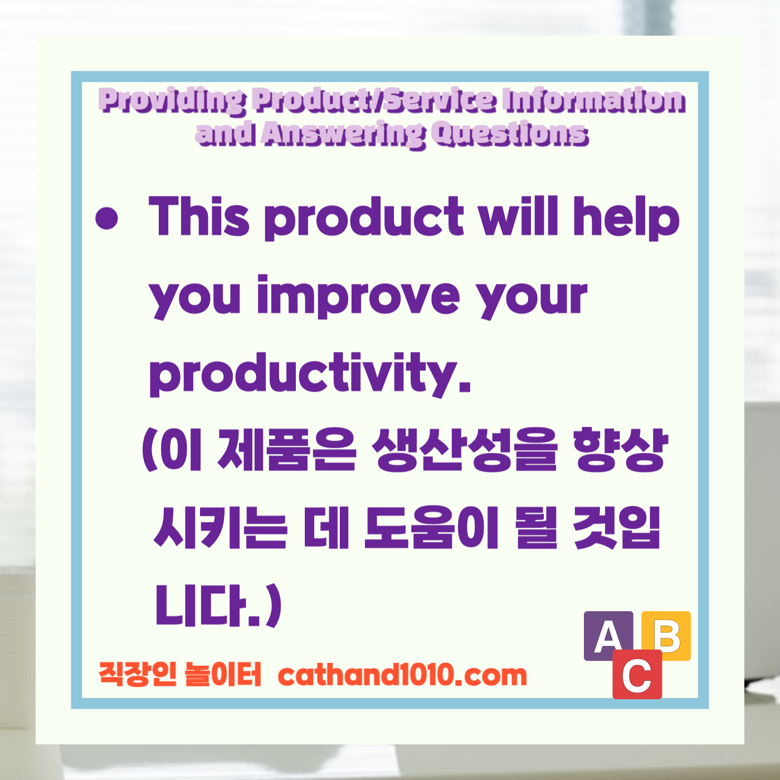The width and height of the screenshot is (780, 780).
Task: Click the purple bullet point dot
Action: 107,218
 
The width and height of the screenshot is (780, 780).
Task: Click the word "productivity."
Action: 310,374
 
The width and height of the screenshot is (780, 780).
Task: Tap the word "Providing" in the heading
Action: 172,101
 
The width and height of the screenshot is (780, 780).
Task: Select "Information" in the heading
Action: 594,100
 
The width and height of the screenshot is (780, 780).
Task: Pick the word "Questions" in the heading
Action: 510,134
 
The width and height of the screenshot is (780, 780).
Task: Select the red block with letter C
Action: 637,675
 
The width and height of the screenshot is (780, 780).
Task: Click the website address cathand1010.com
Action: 402,675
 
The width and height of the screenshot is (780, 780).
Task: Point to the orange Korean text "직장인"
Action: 137,674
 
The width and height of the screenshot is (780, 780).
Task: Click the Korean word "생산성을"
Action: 466,450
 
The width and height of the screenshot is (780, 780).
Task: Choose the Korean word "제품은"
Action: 286,450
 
